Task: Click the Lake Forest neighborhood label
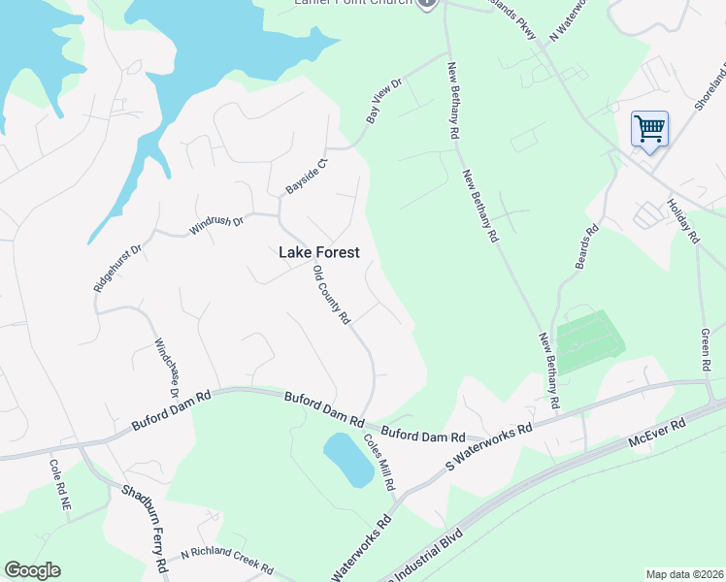(x=319, y=252)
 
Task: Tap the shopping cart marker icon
(x=648, y=128)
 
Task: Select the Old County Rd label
(x=331, y=296)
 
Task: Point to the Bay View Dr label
(x=383, y=101)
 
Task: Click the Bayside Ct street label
(x=307, y=175)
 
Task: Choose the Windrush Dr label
(x=215, y=222)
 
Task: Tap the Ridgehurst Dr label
(x=117, y=267)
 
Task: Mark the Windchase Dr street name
(x=167, y=368)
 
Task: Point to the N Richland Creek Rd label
(x=226, y=562)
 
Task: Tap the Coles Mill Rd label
(x=379, y=460)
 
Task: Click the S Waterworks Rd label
(x=489, y=446)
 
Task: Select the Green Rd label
(x=707, y=350)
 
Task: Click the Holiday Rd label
(x=682, y=220)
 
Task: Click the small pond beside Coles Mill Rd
(x=347, y=459)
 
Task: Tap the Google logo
(x=32, y=570)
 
